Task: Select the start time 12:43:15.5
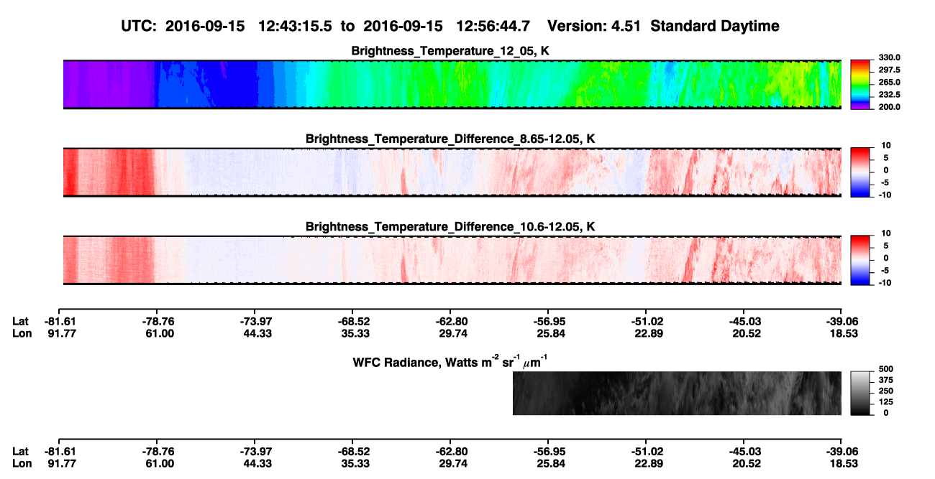[x=295, y=26]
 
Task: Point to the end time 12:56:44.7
[x=493, y=26]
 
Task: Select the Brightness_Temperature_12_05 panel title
[x=450, y=51]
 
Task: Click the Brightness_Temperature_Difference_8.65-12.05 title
[x=450, y=139]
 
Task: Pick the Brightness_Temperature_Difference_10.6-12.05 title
[x=450, y=227]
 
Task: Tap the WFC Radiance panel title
[x=450, y=362]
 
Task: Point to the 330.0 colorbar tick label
[x=889, y=57]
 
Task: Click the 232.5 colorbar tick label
[x=889, y=95]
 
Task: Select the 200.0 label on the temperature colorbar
[x=889, y=107]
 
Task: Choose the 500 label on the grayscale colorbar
[x=885, y=369]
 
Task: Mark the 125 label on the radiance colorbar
[x=885, y=402]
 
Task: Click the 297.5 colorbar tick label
[x=889, y=70]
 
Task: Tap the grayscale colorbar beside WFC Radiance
[x=860, y=393]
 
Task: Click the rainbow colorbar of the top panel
[x=860, y=85]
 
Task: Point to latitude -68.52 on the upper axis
[x=354, y=322]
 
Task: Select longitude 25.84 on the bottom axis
[x=551, y=463]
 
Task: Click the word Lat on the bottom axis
[x=20, y=452]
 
